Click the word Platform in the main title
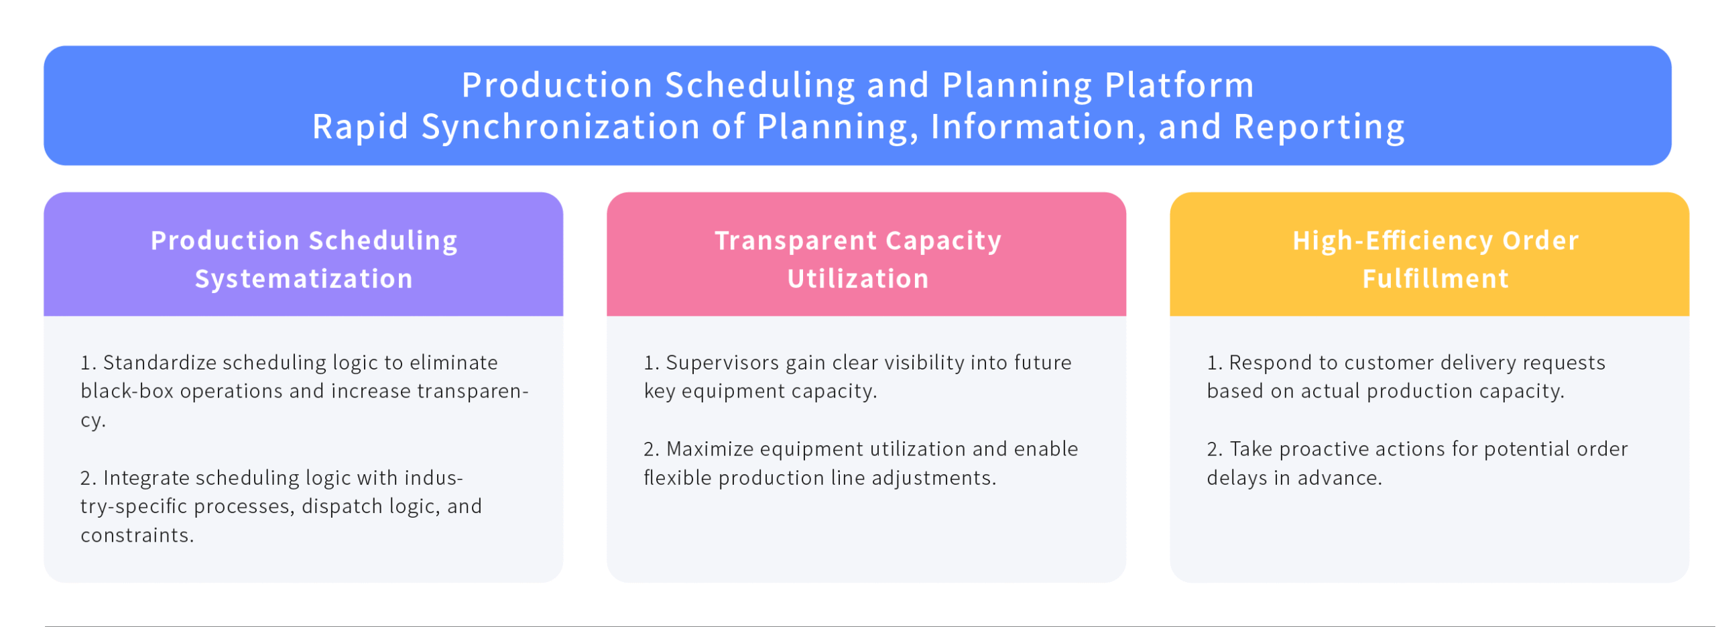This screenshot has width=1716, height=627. (1179, 85)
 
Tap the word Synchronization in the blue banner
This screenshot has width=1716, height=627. (560, 127)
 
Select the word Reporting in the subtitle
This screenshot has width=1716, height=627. (1319, 127)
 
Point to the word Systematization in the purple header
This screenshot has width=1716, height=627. (304, 279)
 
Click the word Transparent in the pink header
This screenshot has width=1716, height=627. (796, 241)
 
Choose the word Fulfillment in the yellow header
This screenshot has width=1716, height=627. (1435, 278)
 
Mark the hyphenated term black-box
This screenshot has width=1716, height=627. (127, 391)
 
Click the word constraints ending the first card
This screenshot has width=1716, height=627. (137, 535)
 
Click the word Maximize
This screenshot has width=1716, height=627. (710, 449)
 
